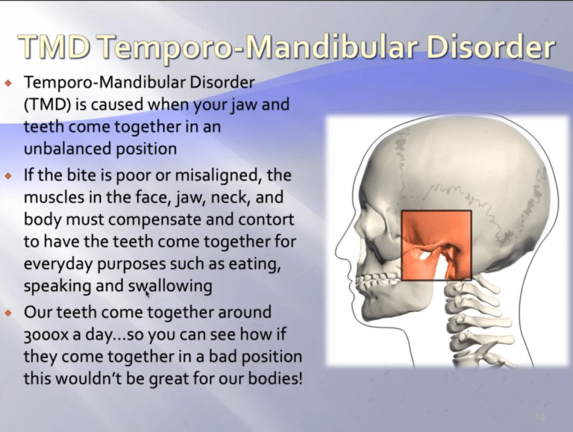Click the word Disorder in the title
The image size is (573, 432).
490,47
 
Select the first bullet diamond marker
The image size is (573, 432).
8,84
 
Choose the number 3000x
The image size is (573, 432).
46,335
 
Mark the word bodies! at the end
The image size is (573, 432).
275,378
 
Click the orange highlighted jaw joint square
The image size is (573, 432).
436,245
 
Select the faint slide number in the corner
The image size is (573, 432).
539,417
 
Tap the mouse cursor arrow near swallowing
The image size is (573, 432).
147,293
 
